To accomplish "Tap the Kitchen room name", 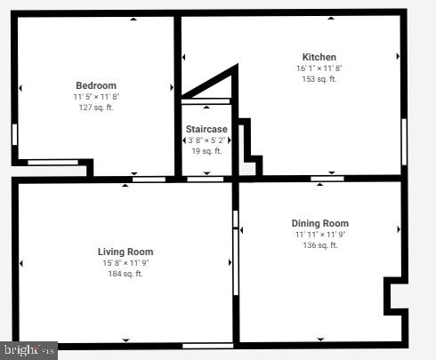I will [319, 58].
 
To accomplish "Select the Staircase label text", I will [206, 130].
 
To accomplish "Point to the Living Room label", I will [125, 252].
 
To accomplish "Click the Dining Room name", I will [320, 223].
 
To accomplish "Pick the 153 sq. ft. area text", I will [319, 79].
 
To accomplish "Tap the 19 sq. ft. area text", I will [206, 151].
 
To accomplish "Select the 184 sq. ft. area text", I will [125, 274].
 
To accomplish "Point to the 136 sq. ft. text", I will [320, 244].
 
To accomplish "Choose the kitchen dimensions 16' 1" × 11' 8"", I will [319, 68].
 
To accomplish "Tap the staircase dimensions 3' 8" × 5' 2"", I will [206, 140].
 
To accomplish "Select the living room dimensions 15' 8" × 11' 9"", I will [125, 263].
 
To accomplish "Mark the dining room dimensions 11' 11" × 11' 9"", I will [320, 234].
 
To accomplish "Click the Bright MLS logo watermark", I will [28, 350].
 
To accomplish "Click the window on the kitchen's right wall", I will [404, 141].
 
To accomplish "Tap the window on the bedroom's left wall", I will [14, 134].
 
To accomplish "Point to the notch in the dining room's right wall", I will [393, 297].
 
